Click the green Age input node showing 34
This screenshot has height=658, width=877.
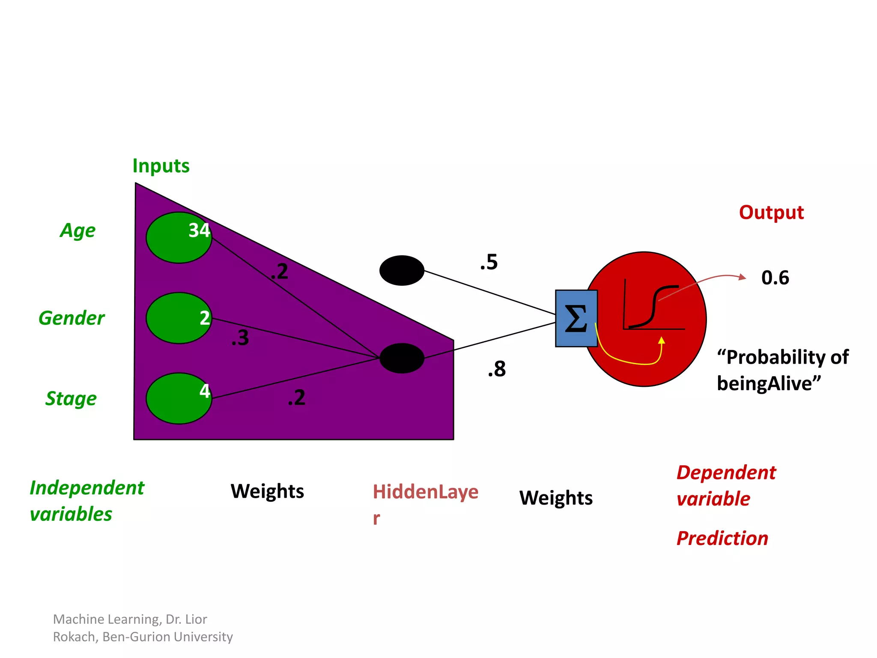coord(179,238)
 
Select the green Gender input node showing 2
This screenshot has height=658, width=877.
coord(179,318)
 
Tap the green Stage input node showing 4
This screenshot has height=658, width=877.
coord(179,398)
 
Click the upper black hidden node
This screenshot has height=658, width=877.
coord(402,271)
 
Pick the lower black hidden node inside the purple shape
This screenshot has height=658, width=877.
coord(402,358)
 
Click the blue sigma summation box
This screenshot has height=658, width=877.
coord(576,318)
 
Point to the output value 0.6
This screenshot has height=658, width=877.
coord(775,278)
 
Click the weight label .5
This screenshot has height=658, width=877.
coord(489,262)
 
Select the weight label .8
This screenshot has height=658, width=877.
coord(497,369)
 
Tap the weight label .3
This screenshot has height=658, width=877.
coord(240,338)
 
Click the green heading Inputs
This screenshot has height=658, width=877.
coord(161,166)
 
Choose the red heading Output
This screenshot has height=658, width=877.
coord(771,212)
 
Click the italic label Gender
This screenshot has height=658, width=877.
coord(72,318)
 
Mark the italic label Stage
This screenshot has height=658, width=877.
coord(71,398)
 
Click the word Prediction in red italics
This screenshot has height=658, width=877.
coord(722,538)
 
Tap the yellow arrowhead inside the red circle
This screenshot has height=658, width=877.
coord(662,341)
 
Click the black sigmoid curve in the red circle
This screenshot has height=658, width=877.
coord(653,306)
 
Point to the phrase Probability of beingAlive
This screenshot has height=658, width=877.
coord(782,370)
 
